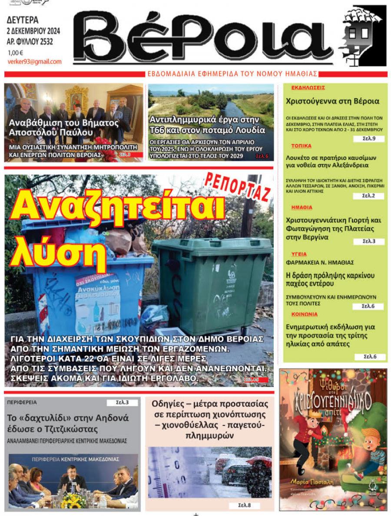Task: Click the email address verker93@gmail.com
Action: tap(34, 62)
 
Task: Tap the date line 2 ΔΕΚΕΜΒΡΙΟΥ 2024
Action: tap(33, 31)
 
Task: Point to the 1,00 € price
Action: tap(15, 53)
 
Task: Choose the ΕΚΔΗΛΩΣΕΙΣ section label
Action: tap(308, 87)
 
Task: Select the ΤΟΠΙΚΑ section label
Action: tap(301, 146)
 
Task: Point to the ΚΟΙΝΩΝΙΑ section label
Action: tap(304, 314)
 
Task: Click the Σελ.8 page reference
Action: tap(244, 505)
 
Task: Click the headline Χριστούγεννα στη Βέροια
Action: tap(332, 101)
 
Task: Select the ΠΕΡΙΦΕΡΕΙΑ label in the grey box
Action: tap(22, 403)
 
